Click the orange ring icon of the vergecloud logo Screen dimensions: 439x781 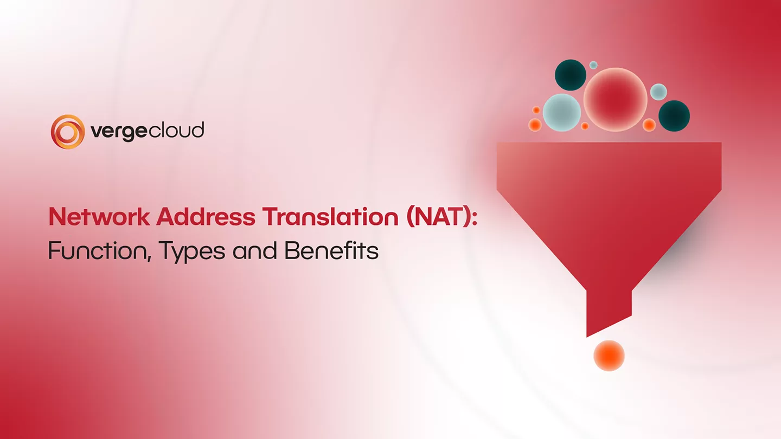tap(68, 131)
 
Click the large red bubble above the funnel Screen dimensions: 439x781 tap(615, 99)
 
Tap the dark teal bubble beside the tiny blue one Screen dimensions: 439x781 tap(571, 75)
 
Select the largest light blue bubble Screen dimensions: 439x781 tap(562, 113)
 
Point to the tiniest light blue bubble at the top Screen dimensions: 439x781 tap(593, 65)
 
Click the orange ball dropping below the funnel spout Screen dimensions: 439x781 tap(609, 356)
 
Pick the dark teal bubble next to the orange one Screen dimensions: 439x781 tap(674, 116)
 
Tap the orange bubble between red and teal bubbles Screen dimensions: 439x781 tap(649, 125)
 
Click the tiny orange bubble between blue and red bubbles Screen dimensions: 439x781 tap(585, 126)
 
